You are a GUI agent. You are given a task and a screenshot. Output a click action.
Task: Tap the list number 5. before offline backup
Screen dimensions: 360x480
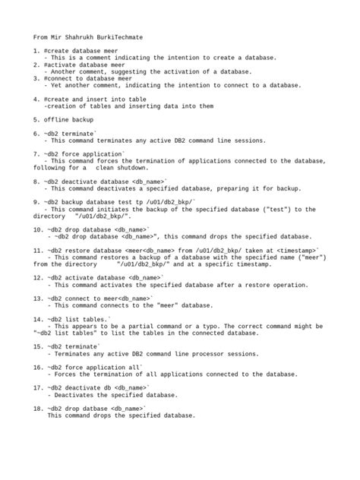coord(36,119)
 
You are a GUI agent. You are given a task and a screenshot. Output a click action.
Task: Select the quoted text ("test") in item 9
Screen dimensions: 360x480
coord(270,209)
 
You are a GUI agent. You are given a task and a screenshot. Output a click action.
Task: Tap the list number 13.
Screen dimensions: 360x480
coord(38,298)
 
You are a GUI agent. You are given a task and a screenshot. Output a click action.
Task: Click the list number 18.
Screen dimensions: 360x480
coord(38,409)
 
